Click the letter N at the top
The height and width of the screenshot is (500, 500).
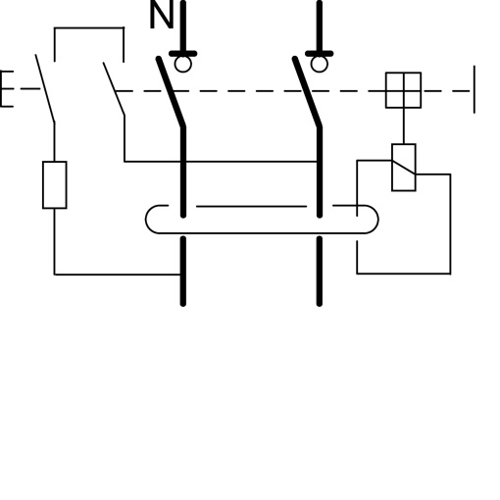(161, 17)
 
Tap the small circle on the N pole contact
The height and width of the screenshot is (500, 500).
(182, 65)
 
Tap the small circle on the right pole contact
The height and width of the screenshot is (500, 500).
(318, 65)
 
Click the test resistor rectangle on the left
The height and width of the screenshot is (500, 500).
(55, 185)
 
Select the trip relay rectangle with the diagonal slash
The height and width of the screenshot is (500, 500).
(403, 167)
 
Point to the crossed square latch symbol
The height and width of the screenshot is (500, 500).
(403, 90)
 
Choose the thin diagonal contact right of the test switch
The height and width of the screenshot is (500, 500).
(114, 88)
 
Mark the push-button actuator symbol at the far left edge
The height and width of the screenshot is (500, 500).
(5, 90)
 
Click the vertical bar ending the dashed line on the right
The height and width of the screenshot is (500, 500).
(475, 90)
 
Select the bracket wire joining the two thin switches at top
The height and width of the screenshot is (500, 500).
(89, 29)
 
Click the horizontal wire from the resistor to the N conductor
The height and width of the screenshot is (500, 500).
(118, 275)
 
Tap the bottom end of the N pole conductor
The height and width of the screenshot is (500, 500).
(182, 300)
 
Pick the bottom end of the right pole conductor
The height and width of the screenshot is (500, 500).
(318, 300)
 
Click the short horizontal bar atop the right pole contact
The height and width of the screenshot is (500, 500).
(318, 53)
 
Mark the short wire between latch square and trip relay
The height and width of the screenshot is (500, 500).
(403, 125)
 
